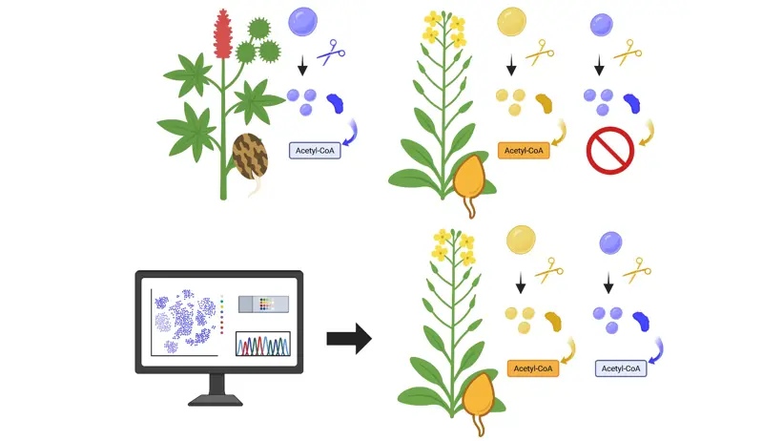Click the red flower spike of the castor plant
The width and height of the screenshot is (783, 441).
click(223, 33)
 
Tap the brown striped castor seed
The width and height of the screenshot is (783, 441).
click(250, 157)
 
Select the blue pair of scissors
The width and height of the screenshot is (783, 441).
click(331, 52)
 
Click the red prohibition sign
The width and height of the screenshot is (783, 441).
click(609, 151)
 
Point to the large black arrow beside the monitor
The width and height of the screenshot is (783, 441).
click(349, 339)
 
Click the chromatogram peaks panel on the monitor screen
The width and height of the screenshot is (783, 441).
click(262, 344)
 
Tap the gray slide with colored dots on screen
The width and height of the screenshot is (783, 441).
click(263, 304)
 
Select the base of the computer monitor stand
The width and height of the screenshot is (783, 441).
click(216, 400)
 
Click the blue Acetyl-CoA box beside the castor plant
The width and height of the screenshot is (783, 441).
click(315, 151)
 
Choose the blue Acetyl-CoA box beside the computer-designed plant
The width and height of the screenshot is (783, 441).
click(621, 368)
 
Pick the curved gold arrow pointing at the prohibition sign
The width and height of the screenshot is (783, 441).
click(648, 133)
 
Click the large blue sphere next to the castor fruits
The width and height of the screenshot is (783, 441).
click(302, 21)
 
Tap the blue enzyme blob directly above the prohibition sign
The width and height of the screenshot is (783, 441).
click(631, 103)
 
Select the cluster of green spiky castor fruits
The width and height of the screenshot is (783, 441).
click(258, 41)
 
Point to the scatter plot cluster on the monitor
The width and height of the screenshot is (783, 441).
click(185, 320)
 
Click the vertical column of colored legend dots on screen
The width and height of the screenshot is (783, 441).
click(221, 315)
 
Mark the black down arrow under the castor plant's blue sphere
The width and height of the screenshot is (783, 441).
click(302, 66)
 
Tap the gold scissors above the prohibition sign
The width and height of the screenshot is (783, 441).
click(628, 52)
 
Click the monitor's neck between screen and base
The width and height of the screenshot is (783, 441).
click(216, 384)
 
